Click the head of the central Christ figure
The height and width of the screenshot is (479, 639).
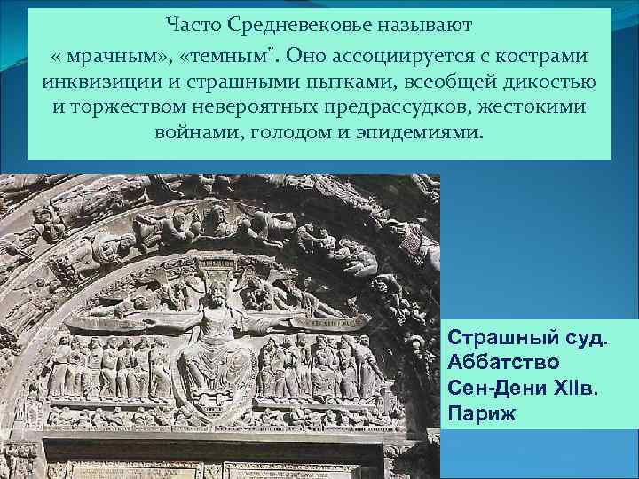pyautogui.click(x=213, y=289)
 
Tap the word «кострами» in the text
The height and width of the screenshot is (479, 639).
pyautogui.click(x=544, y=56)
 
